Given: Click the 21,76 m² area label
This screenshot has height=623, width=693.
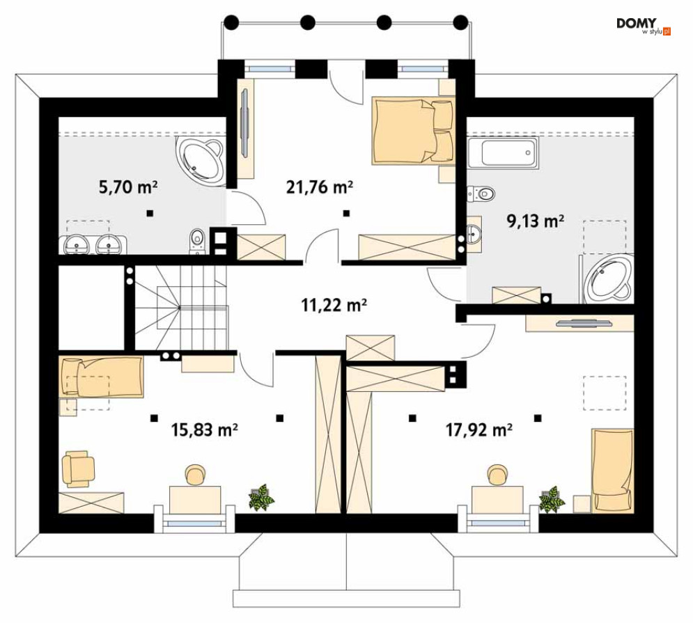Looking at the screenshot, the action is pyautogui.click(x=319, y=187).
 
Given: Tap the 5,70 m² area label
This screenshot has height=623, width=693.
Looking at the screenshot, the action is pyautogui.click(x=128, y=187).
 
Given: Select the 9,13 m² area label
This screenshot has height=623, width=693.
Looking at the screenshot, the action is pyautogui.click(x=535, y=221).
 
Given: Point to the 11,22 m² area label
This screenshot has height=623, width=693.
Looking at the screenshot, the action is pyautogui.click(x=334, y=305).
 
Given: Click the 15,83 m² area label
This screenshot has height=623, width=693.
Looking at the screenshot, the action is pyautogui.click(x=205, y=429).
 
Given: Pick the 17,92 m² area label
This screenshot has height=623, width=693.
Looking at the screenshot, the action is pyautogui.click(x=479, y=429).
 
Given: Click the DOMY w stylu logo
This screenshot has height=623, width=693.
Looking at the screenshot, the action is pyautogui.click(x=643, y=26).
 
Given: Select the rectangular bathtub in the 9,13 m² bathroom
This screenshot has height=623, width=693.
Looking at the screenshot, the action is pyautogui.click(x=504, y=153).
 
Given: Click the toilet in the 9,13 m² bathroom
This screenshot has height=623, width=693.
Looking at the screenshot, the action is pyautogui.click(x=481, y=194).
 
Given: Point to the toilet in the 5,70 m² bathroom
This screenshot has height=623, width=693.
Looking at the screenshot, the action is pyautogui.click(x=197, y=242).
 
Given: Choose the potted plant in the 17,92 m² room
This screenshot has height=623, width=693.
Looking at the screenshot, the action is pyautogui.click(x=552, y=499).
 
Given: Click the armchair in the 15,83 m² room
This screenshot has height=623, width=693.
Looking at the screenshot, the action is pyautogui.click(x=78, y=468).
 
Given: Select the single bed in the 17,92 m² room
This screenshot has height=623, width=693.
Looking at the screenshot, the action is pyautogui.click(x=613, y=471).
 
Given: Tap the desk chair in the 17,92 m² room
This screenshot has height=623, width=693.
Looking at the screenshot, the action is pyautogui.click(x=497, y=475).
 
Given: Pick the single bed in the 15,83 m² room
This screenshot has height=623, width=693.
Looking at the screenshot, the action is pyautogui.click(x=101, y=377).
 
